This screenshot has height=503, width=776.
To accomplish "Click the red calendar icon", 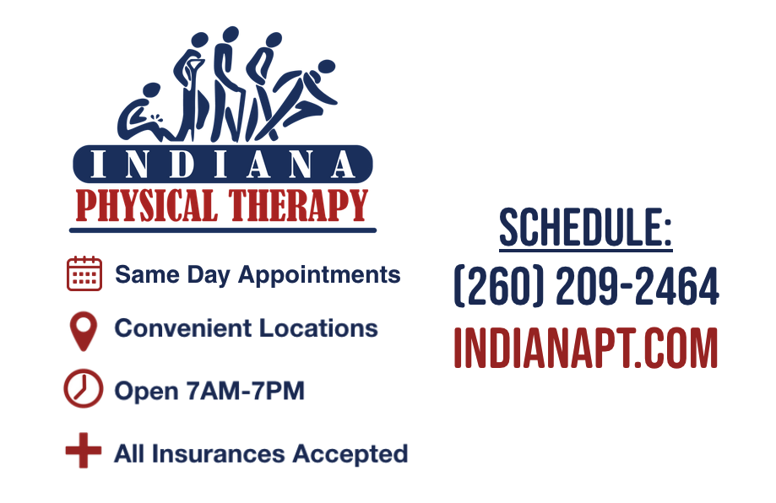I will [x=84, y=274].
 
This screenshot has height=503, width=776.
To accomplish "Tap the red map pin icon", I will [x=83, y=331].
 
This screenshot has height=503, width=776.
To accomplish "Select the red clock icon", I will [x=83, y=390].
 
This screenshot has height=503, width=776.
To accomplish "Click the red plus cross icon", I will [x=83, y=452].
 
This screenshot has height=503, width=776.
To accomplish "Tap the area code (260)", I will [x=499, y=287].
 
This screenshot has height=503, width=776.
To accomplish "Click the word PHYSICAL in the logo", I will [x=146, y=206].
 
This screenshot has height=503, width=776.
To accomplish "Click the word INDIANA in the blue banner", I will [x=223, y=164].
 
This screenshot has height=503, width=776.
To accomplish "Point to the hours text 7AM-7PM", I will [x=253, y=392].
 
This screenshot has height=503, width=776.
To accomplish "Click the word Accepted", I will [x=350, y=454].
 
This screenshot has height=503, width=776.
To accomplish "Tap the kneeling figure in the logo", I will [x=149, y=114].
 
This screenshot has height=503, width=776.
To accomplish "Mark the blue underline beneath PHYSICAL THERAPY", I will [x=223, y=229].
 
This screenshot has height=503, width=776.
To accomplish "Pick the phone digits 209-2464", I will [x=638, y=287].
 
